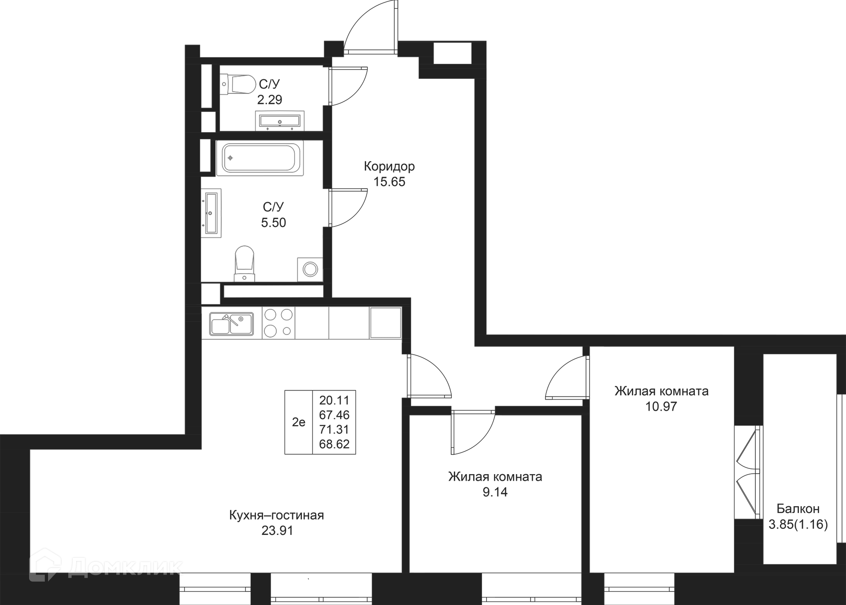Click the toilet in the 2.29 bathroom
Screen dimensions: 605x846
pos(238,84)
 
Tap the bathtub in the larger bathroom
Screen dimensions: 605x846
pos(260,158)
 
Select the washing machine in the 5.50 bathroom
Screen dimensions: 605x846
pos(310,269)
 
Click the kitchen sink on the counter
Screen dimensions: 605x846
pos(231,324)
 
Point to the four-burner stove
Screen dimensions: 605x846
pos(278,323)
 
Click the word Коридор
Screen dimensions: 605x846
pos(389,167)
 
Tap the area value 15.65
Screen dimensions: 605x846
pos(389,182)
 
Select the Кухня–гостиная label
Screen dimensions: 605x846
pos(276,515)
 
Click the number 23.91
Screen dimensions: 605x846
pos(277,531)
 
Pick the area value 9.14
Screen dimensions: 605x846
pos(495,492)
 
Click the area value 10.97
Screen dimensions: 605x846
pos(661,406)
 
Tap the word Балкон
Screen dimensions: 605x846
pos(798,509)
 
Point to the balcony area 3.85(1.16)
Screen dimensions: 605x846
pos(798,524)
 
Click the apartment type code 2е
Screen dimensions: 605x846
pos(298,422)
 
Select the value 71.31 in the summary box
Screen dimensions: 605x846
pos(334,429)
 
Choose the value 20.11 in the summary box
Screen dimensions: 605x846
pos(334,400)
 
